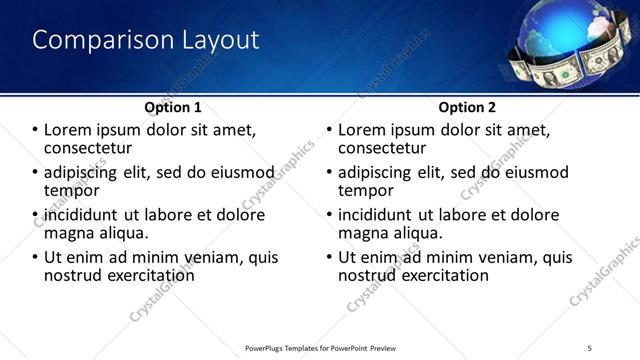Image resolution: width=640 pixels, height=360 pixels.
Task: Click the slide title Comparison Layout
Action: [x=146, y=40]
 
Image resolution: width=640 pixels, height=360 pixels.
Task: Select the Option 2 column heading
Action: [x=466, y=107]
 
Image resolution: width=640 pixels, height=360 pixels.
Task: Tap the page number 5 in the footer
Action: [x=590, y=347]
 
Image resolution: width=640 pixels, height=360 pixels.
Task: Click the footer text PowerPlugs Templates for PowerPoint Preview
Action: [x=322, y=347]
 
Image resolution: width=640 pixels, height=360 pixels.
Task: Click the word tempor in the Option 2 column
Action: [x=366, y=190]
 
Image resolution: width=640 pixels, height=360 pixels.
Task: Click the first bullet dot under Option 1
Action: [x=36, y=131]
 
